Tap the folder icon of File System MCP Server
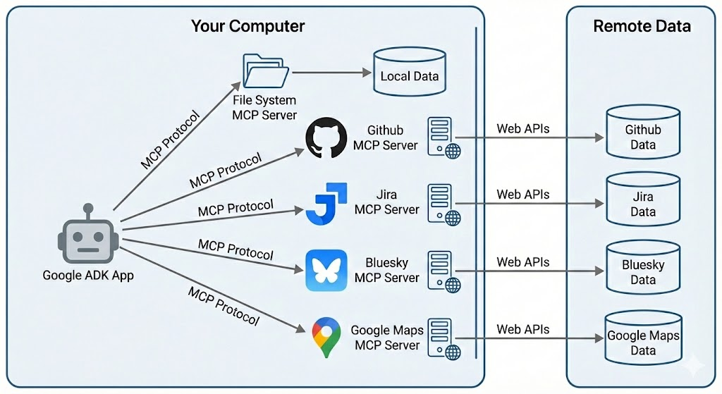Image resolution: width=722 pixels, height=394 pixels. [x=266, y=70]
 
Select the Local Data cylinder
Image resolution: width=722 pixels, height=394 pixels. [x=410, y=71]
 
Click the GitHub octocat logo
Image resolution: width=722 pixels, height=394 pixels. [x=326, y=137]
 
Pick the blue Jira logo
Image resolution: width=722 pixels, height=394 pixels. [x=326, y=204]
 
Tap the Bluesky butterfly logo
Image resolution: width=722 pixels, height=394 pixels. [x=326, y=270]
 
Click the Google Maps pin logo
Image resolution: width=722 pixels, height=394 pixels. [x=326, y=337]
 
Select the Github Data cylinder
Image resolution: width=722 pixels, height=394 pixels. [x=643, y=132]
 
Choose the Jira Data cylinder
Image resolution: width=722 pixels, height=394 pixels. [x=643, y=199]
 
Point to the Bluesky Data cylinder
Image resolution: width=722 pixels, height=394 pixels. [x=643, y=267]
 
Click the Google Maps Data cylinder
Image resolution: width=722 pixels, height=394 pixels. [x=643, y=338]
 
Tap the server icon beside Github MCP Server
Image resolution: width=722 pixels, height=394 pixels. [x=443, y=137]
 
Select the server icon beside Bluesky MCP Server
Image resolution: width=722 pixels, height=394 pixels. [x=443, y=271]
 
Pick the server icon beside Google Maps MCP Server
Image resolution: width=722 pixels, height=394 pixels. [x=443, y=339]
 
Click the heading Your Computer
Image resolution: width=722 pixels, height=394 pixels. [x=247, y=26]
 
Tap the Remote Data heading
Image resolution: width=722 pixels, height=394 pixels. [x=642, y=26]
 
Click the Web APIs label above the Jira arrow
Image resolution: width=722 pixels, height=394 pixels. [x=522, y=195]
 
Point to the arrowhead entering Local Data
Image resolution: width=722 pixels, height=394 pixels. [x=367, y=73]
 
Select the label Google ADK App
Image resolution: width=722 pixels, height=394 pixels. [x=88, y=276]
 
